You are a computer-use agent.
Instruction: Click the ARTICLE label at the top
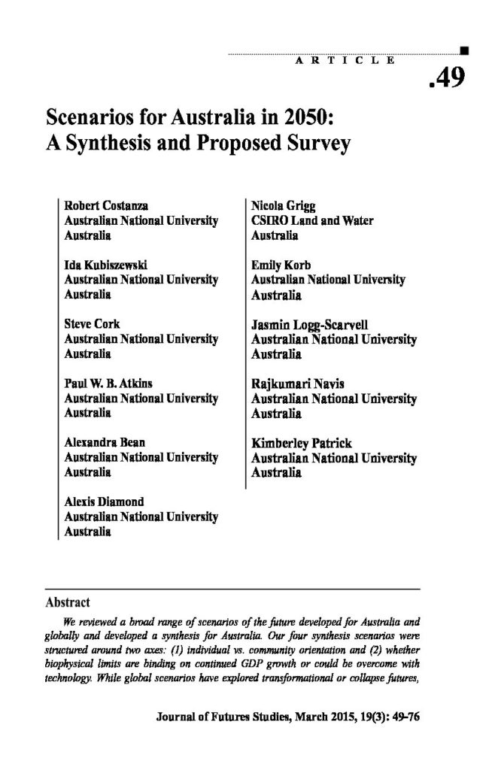pos(344,60)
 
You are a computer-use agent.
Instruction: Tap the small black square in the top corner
pos(463,51)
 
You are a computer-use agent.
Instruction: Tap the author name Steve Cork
pos(92,324)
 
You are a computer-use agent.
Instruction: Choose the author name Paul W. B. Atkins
pos(108,383)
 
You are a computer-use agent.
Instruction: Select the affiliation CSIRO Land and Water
pos(312,220)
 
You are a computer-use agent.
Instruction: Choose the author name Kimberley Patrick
pos(301,444)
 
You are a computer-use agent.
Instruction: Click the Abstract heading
pos(68,602)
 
